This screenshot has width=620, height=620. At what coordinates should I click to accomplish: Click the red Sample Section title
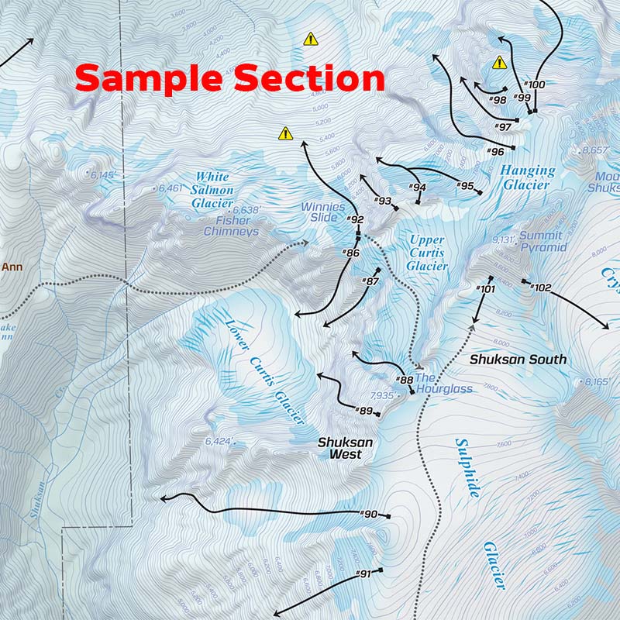(230, 79)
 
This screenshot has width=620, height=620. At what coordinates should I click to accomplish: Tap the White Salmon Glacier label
(212, 190)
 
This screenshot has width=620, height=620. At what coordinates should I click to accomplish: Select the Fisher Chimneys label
(231, 226)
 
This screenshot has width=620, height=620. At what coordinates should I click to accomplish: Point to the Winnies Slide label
(323, 212)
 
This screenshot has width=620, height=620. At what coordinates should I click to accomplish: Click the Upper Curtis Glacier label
(427, 253)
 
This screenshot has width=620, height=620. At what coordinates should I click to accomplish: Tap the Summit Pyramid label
(543, 241)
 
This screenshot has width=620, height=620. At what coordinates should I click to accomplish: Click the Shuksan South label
(518, 360)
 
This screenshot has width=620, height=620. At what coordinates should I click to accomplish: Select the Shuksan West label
(346, 448)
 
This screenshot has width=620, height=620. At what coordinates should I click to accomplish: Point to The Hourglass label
(443, 383)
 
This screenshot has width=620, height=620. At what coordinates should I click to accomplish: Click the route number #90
(370, 514)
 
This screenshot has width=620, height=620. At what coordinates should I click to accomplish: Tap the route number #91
(364, 573)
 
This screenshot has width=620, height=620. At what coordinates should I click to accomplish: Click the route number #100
(535, 84)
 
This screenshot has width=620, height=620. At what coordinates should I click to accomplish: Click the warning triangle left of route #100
(499, 63)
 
